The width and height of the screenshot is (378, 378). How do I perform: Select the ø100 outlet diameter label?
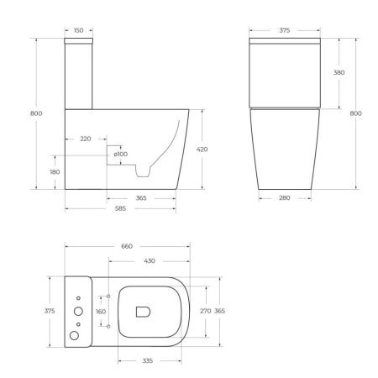click(x=121, y=154)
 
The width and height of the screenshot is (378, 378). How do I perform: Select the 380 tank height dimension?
click(x=339, y=73)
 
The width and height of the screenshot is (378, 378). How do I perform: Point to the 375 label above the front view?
click(x=284, y=30)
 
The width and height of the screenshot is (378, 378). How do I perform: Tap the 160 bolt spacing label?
click(x=101, y=311)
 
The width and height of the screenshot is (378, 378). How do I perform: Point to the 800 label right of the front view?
click(x=356, y=113)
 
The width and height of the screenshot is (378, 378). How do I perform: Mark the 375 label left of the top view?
click(x=49, y=311)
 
